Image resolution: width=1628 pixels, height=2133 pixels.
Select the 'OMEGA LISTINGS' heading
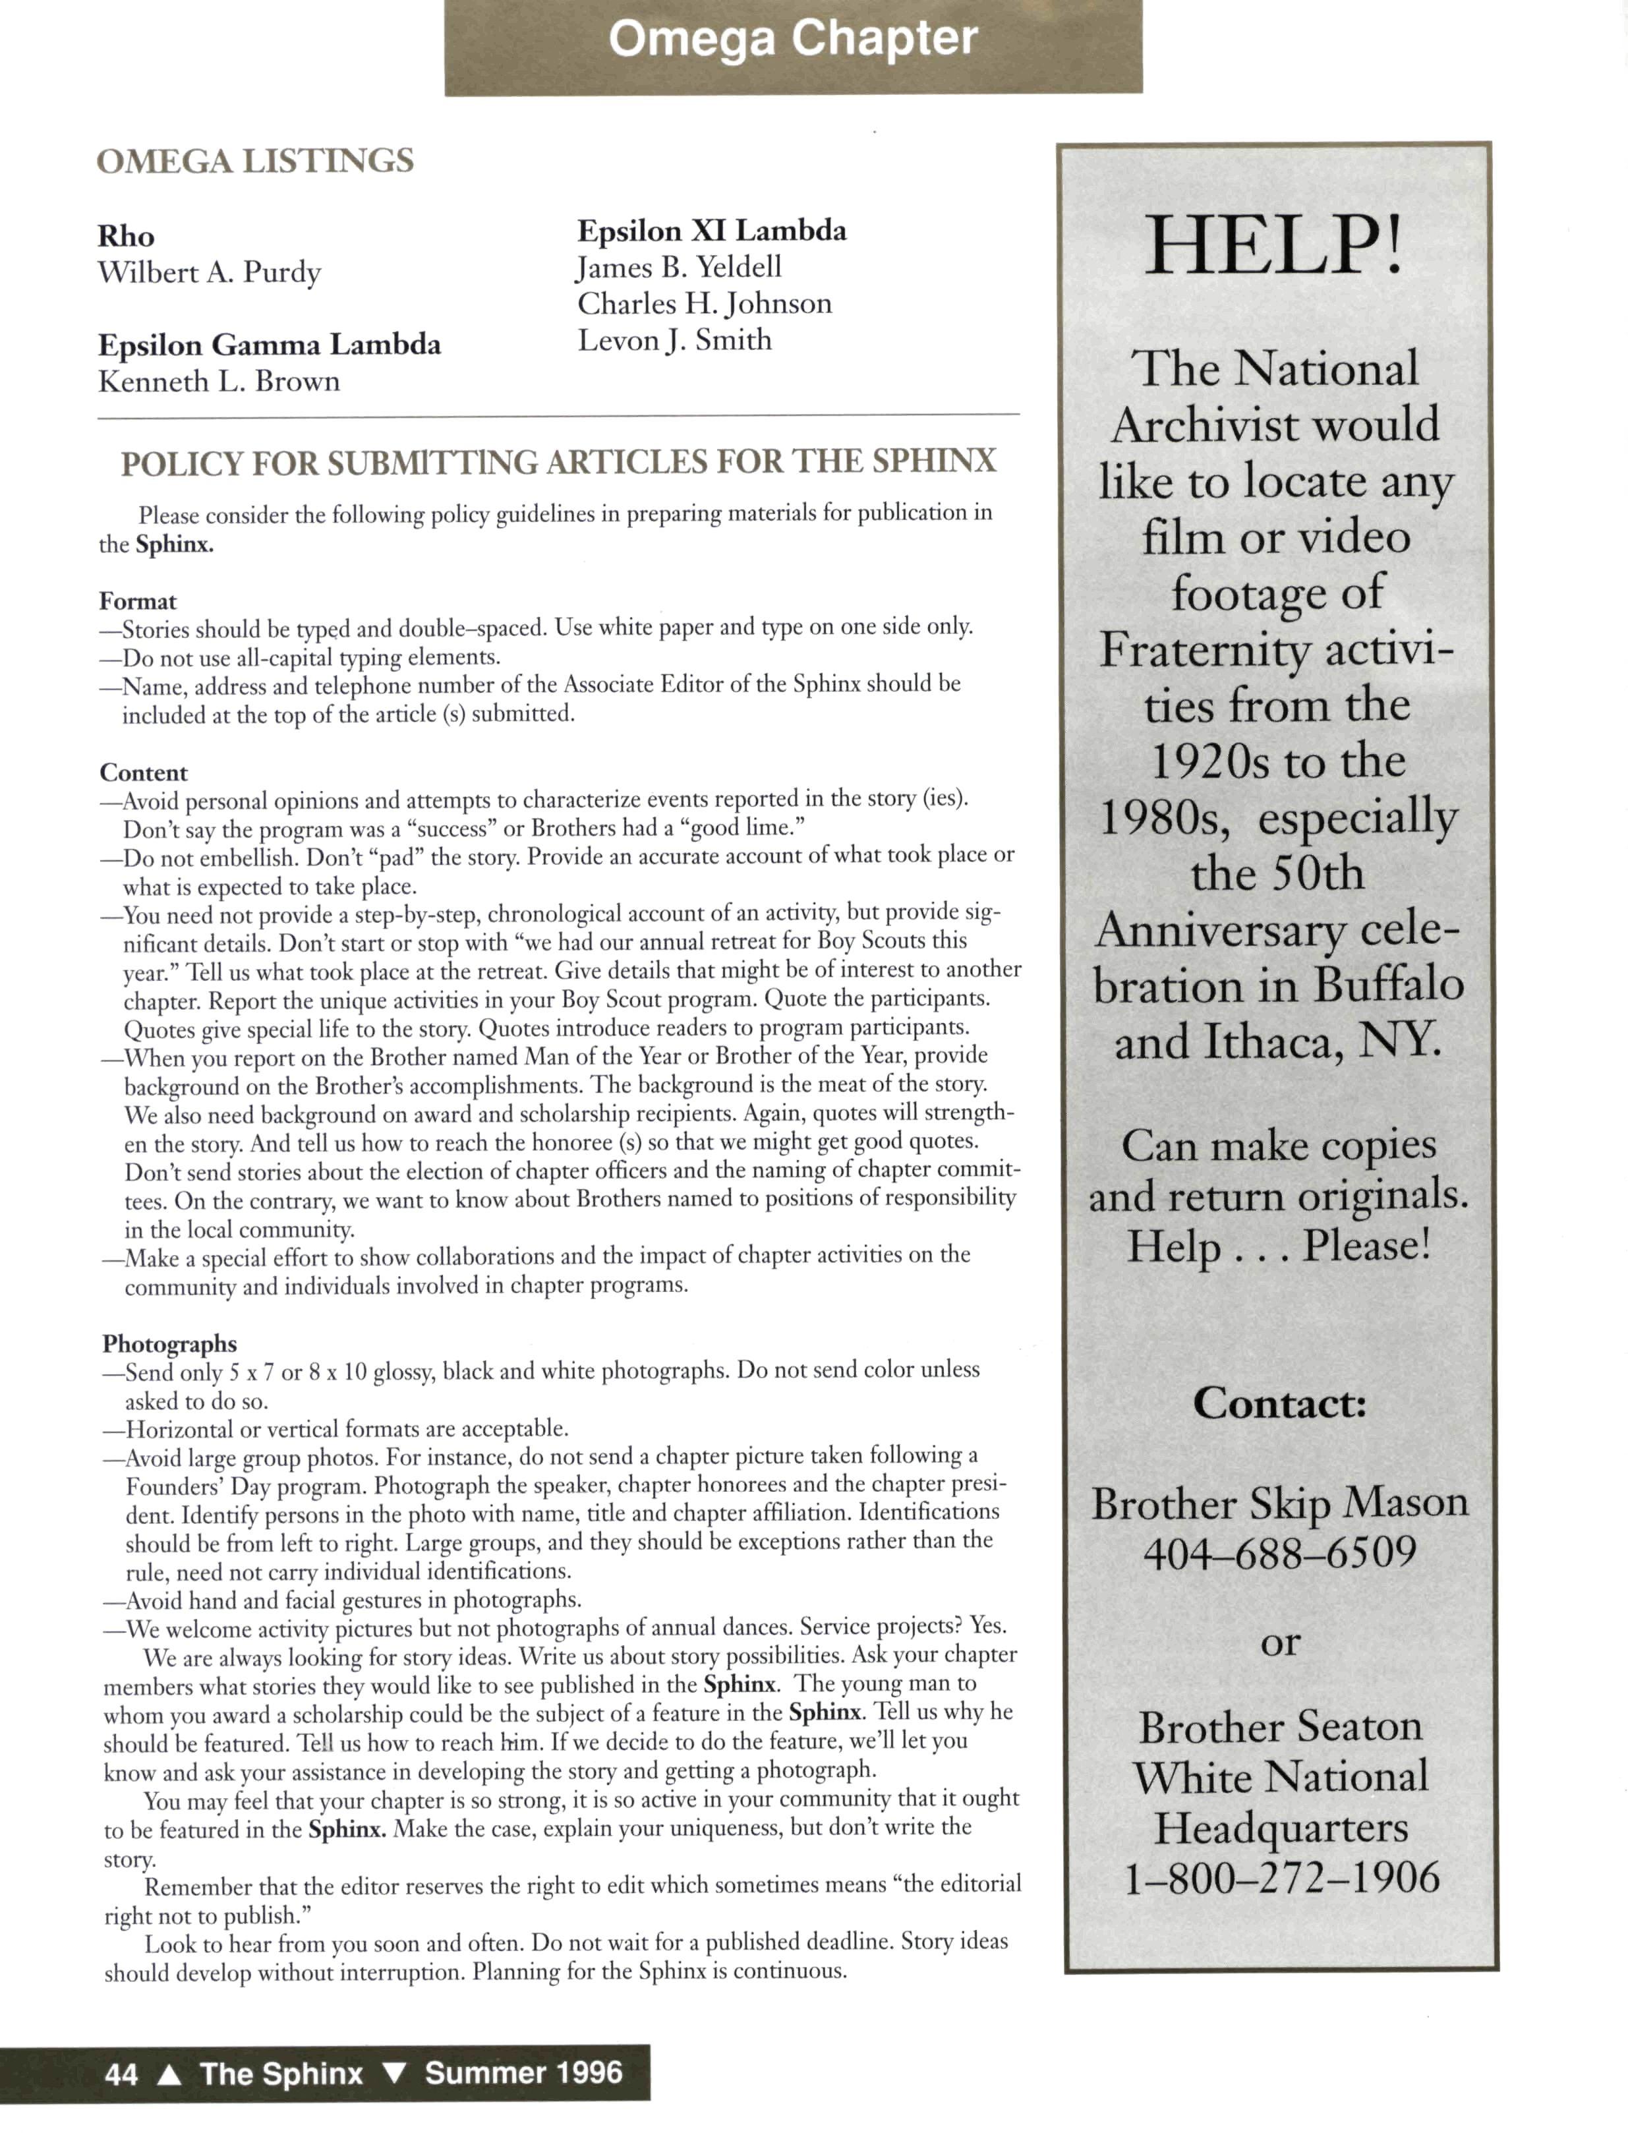pyautogui.click(x=255, y=161)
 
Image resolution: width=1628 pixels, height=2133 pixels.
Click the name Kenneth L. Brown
pyautogui.click(x=219, y=382)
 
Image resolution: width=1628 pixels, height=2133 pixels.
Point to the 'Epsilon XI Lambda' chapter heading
pyautogui.click(x=711, y=231)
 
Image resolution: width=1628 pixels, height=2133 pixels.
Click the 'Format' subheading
pyautogui.click(x=138, y=601)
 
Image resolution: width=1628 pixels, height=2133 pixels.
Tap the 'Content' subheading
pyautogui.click(x=144, y=773)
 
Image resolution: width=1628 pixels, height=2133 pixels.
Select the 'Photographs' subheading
pyautogui.click(x=169, y=1343)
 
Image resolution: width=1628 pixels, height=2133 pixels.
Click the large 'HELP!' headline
pyautogui.click(x=1273, y=246)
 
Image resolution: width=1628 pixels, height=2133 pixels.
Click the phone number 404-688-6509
pyautogui.click(x=1279, y=1552)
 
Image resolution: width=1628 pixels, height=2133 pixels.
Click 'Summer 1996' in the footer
pyautogui.click(x=523, y=2073)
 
